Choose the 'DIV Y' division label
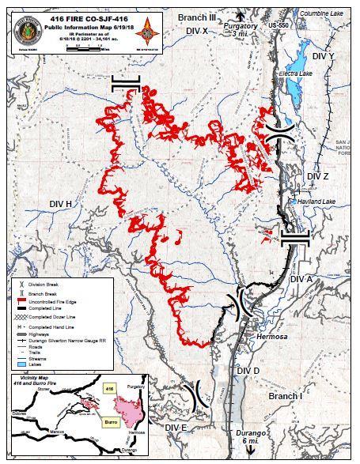pyautogui.click(x=324, y=57)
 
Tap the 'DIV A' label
pyautogui.click(x=302, y=280)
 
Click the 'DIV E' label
pyautogui.click(x=177, y=428)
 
